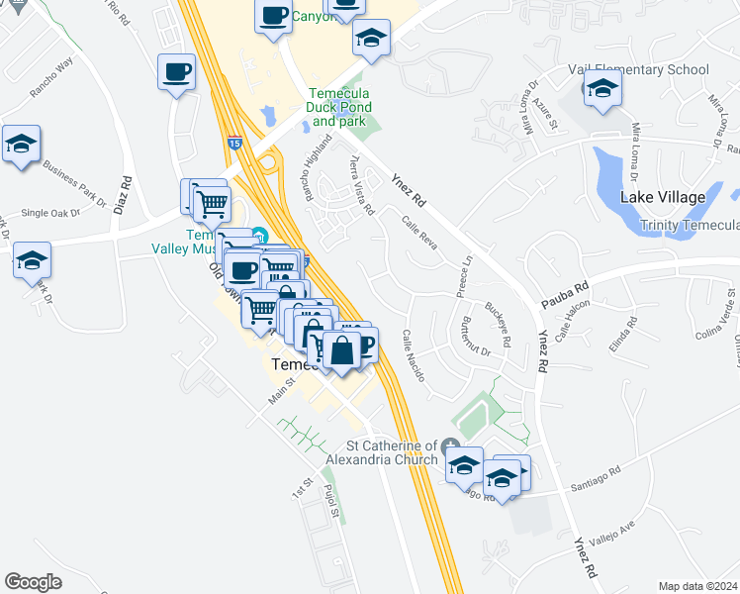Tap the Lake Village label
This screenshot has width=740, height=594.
click(x=662, y=197)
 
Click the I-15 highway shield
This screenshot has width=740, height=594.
click(x=234, y=143)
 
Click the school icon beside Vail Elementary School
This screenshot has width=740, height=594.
click(x=602, y=90)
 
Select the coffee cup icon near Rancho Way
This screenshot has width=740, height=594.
click(x=176, y=73)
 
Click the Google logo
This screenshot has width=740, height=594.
click(x=34, y=582)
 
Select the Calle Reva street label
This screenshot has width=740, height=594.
click(x=419, y=234)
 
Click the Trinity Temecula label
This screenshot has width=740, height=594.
click(x=689, y=225)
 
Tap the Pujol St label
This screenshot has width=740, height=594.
click(x=333, y=509)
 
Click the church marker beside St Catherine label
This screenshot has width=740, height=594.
click(x=451, y=445)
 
